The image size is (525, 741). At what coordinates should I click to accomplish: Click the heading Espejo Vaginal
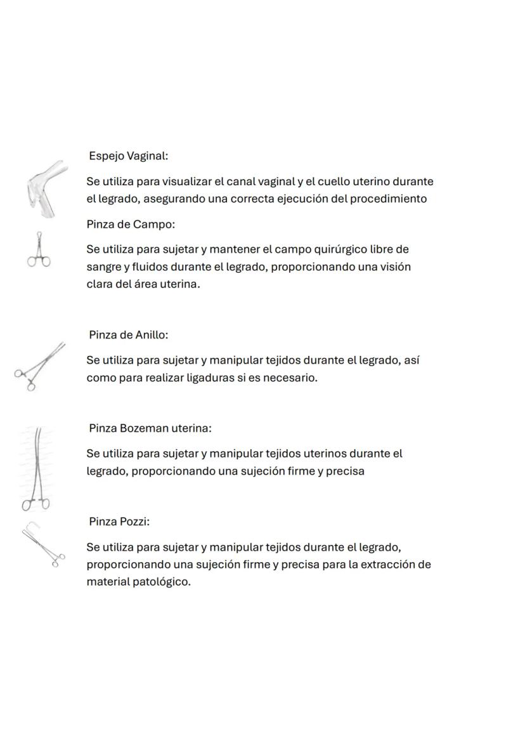click(128, 156)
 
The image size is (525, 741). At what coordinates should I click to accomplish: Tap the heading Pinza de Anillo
click(128, 335)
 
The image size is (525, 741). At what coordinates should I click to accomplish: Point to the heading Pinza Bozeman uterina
click(150, 428)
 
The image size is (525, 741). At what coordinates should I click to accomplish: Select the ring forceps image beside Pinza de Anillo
click(40, 367)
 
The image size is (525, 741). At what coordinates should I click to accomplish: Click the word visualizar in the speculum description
click(185, 181)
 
